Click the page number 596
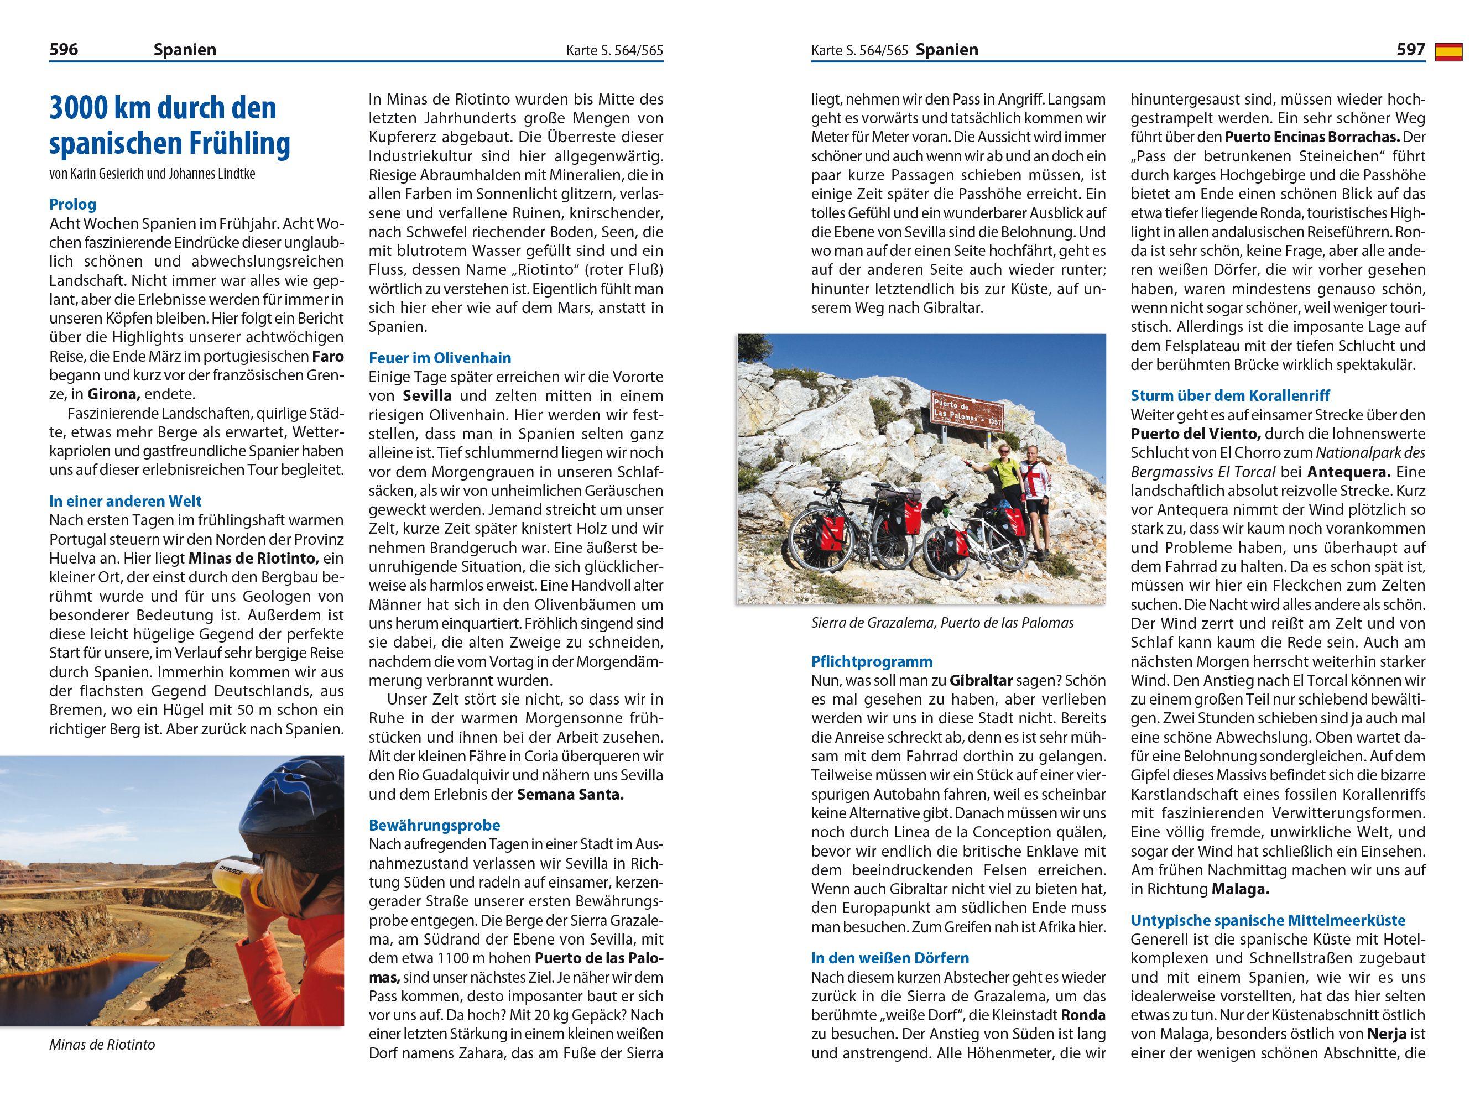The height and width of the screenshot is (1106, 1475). tap(64, 49)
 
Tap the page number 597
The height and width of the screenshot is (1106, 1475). tap(1410, 49)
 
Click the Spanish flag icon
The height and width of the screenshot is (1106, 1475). tap(1448, 51)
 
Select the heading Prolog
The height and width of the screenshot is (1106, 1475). tap(72, 204)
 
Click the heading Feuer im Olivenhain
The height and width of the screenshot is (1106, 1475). tap(440, 357)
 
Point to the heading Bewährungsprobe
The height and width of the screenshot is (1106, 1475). tap(434, 825)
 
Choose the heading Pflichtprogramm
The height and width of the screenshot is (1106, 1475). tap(872, 661)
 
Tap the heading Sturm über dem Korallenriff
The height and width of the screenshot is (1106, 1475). tap(1231, 395)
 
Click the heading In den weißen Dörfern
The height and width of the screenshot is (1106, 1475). tap(889, 957)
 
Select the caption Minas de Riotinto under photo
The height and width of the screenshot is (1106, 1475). tap(101, 1044)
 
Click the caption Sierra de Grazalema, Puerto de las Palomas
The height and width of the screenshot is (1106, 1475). tap(942, 623)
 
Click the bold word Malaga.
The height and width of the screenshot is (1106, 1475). tap(1239, 889)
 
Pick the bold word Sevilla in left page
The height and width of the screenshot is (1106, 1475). tap(428, 395)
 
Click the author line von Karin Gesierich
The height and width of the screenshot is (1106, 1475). tap(152, 174)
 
